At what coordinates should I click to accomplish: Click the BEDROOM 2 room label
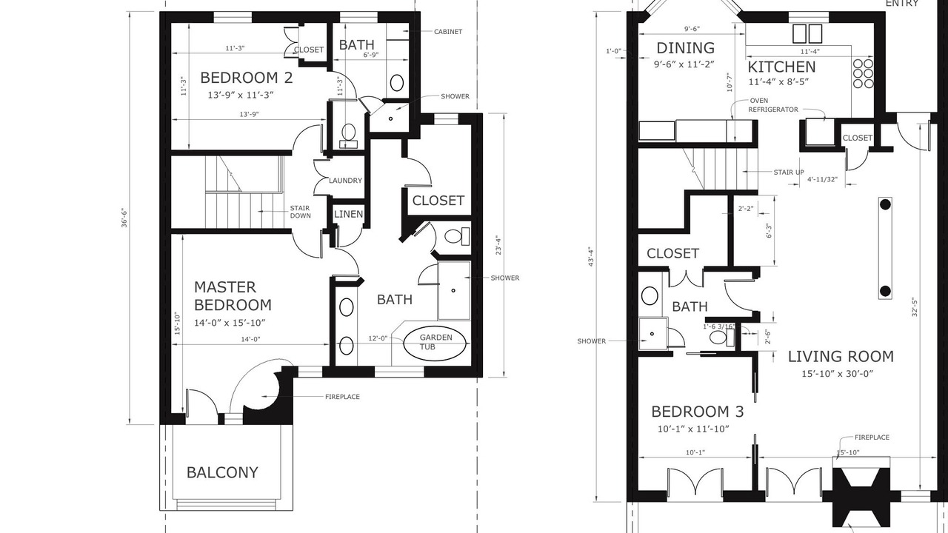click(x=247, y=78)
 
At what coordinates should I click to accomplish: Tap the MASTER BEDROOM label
click(x=233, y=296)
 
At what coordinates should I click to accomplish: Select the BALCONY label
click(x=222, y=472)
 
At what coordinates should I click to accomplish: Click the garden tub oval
click(x=435, y=343)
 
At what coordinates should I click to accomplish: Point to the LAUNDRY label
click(x=345, y=181)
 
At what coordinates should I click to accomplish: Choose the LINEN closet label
click(x=348, y=214)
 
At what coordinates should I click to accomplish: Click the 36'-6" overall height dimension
click(x=124, y=218)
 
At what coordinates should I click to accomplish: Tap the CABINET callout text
click(x=448, y=32)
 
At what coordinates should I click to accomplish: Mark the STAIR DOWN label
click(x=300, y=212)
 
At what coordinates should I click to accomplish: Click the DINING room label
click(x=685, y=48)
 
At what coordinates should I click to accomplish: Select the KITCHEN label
click(x=781, y=67)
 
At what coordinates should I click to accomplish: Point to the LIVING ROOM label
click(x=841, y=357)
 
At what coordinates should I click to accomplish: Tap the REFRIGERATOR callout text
click(x=773, y=110)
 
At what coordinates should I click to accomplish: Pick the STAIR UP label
click(x=789, y=172)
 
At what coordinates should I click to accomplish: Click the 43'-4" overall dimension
click(x=592, y=256)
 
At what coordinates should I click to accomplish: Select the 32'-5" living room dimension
click(x=914, y=307)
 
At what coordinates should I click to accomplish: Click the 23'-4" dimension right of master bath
click(x=498, y=245)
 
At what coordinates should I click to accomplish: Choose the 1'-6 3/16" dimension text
click(x=718, y=326)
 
